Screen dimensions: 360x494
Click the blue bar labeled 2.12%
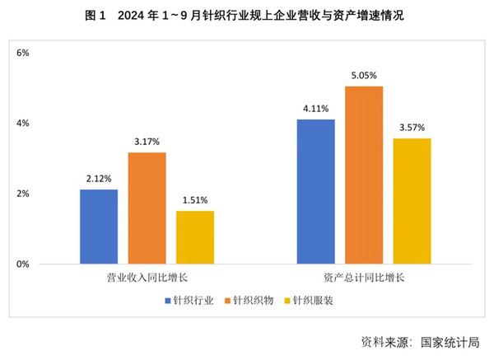tap(99, 227)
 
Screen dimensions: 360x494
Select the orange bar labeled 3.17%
tap(147, 208)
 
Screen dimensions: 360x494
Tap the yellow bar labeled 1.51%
tap(195, 237)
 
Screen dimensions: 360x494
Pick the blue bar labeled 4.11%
tap(316, 191)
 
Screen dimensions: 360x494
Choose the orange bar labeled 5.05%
tap(364, 175)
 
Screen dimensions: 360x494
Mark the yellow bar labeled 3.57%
tap(412, 201)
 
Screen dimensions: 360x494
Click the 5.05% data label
tap(364, 77)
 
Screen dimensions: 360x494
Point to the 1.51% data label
tap(195, 200)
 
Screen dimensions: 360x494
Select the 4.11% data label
tap(316, 109)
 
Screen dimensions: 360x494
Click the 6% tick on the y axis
tap(23, 53)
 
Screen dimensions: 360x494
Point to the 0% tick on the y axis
tap(23, 264)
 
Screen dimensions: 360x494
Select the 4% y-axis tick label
tap(23, 124)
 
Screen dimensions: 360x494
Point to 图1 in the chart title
tap(96, 15)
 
